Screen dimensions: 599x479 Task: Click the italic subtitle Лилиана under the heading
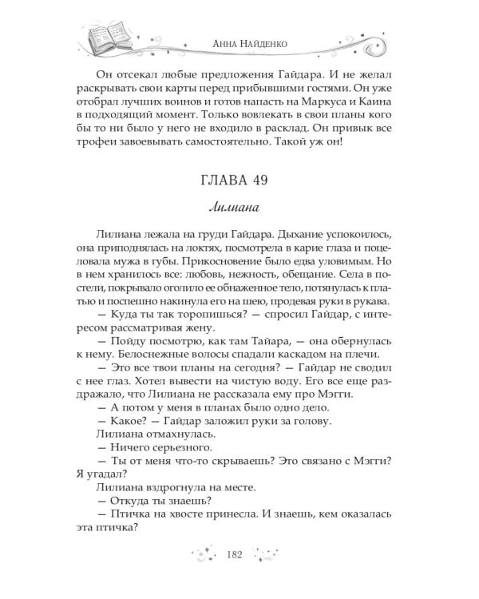[x=239, y=208]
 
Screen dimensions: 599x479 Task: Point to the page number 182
[x=239, y=556]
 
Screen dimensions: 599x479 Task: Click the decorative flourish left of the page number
[x=202, y=556]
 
